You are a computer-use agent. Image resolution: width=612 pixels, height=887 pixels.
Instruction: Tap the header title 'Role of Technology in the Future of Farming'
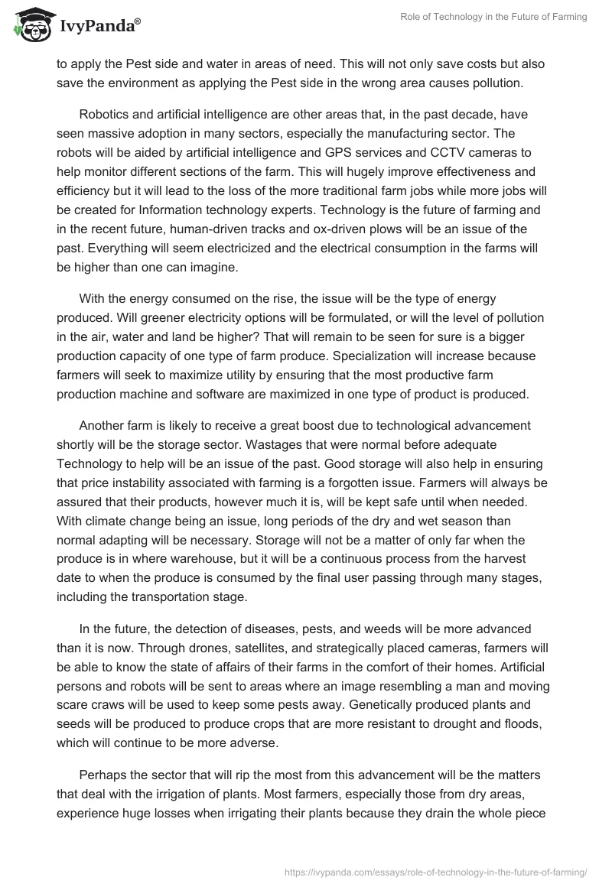point(493,18)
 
